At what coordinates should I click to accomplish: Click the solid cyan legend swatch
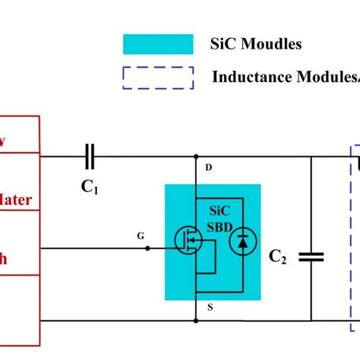point(158,44)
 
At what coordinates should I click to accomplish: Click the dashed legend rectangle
point(158,77)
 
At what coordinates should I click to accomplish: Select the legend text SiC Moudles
point(256,44)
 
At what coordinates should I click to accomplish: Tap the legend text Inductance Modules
point(285,77)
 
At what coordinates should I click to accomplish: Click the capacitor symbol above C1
point(90,156)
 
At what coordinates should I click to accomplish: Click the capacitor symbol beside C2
point(311,257)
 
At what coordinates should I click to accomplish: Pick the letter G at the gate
point(140,236)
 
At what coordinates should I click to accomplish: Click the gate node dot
point(147,248)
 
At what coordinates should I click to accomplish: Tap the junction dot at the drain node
point(196,157)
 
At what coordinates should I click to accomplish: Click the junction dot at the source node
point(196,321)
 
